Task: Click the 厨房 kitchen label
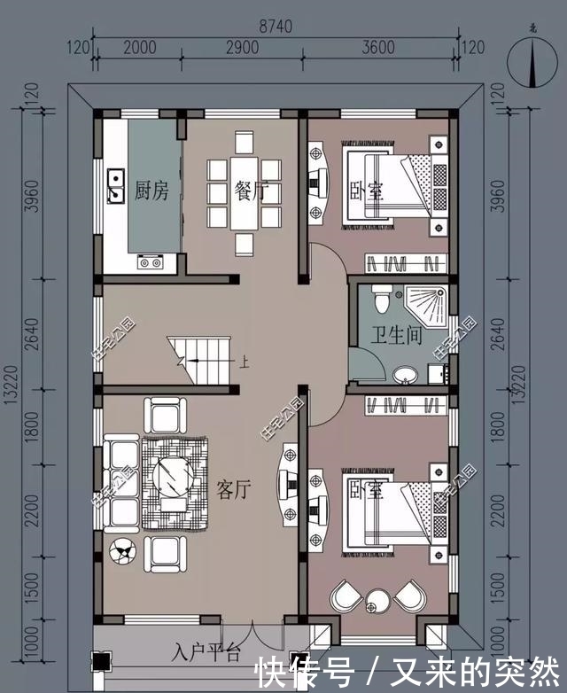click(151, 191)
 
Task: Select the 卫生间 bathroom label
click(395, 337)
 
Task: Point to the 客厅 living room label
click(234, 489)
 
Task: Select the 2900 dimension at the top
click(241, 48)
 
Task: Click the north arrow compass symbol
click(532, 66)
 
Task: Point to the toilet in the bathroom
click(382, 302)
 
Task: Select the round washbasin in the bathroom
click(405, 374)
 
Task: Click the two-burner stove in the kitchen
click(149, 261)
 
